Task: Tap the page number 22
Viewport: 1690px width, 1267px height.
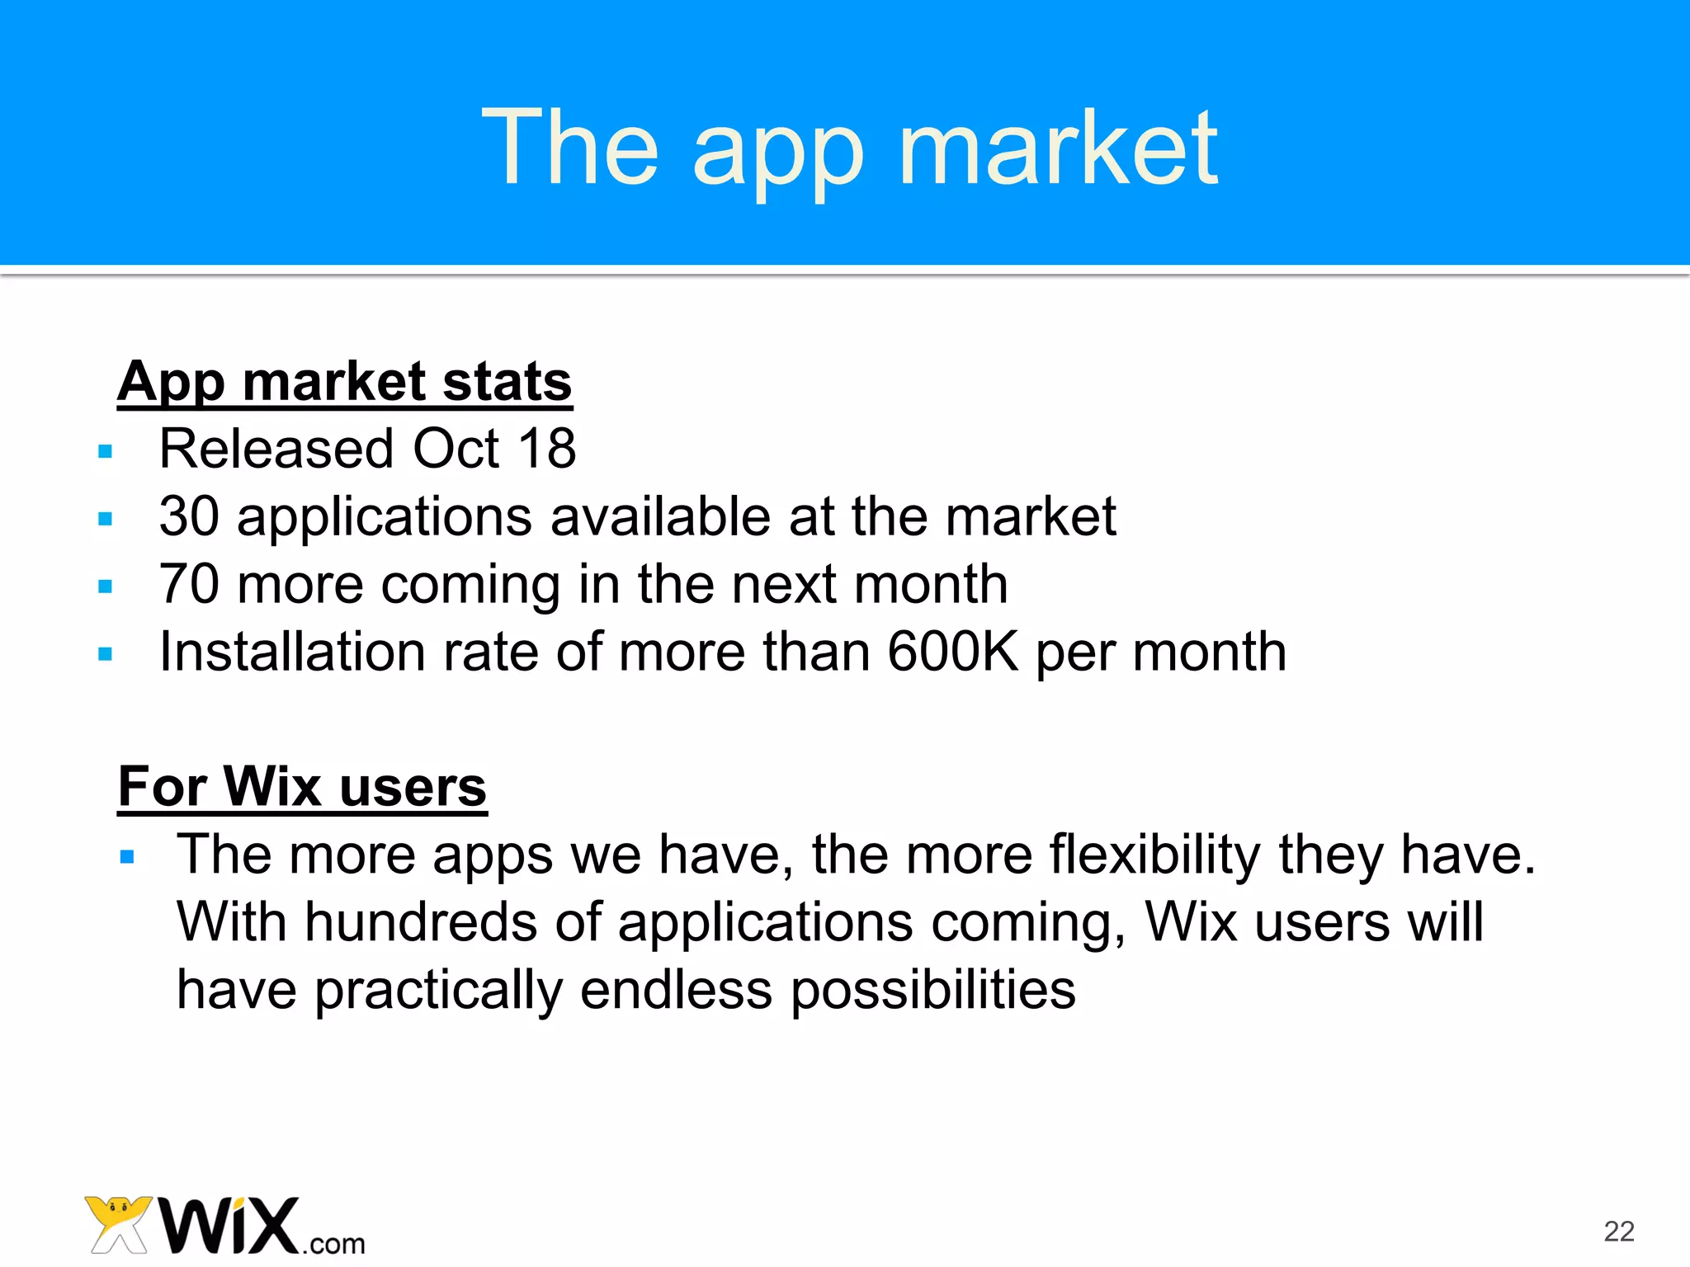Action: coord(1619,1231)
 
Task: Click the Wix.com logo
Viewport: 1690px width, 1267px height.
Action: coord(224,1227)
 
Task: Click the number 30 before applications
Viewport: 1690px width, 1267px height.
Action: coord(189,517)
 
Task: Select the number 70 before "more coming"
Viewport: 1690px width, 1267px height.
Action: coord(189,585)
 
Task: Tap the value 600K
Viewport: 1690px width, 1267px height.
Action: coord(953,652)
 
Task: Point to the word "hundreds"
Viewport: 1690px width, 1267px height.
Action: coord(421,922)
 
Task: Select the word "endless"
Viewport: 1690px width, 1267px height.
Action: coord(676,990)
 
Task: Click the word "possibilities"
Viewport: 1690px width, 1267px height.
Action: coord(933,990)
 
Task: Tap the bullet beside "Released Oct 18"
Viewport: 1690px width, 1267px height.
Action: coord(105,451)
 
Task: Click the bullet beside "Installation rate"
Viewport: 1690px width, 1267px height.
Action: coord(105,655)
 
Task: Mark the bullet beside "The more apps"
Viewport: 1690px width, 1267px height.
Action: coord(126,857)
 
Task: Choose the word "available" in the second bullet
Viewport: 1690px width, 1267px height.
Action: coord(660,517)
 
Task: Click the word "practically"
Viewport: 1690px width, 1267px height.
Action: coord(438,990)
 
